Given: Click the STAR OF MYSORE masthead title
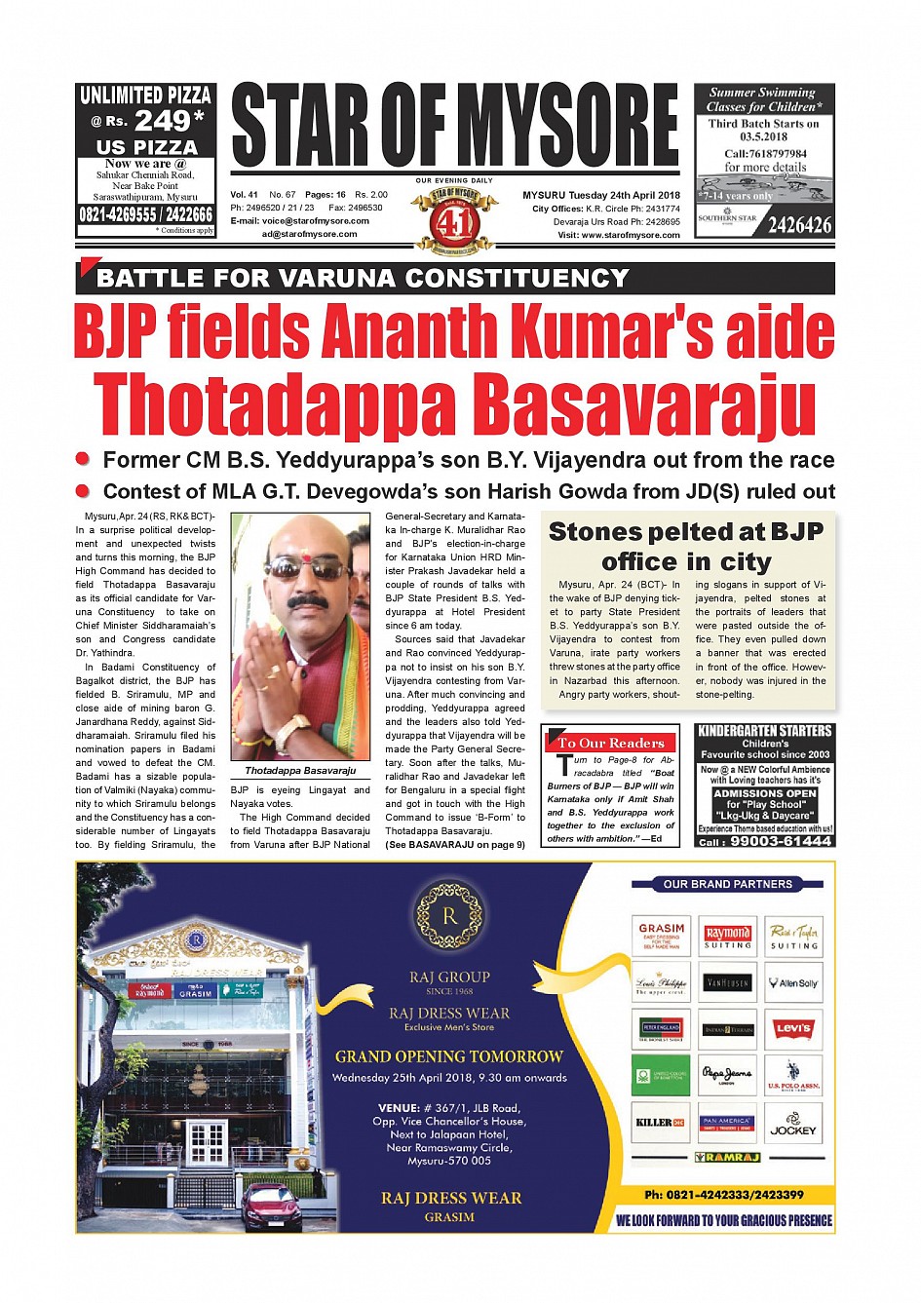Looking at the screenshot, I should [x=454, y=126].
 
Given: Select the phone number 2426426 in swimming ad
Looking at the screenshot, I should [x=800, y=226].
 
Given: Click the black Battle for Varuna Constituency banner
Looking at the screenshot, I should [x=455, y=279].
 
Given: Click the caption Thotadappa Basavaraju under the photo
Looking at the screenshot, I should [x=300, y=771].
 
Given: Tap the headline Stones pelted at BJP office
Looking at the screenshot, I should [x=686, y=547].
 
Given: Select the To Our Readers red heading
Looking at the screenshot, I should [x=611, y=743].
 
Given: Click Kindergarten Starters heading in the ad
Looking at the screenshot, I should [x=765, y=731].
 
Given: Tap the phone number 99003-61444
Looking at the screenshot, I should [x=780, y=841].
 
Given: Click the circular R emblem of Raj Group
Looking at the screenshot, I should [x=449, y=915].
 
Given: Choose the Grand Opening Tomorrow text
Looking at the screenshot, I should [x=449, y=1056].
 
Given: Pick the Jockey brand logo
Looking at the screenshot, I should [x=793, y=1125].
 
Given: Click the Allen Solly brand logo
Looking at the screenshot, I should [x=793, y=983].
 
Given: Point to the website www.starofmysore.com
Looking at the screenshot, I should [x=632, y=235].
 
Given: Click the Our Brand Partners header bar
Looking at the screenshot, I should [x=727, y=884].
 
